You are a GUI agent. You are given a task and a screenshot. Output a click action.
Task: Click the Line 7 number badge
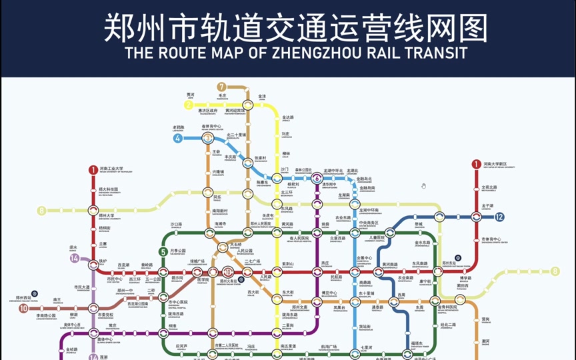(221, 87)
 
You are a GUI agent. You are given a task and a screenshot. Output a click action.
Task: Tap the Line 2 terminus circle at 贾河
(189, 105)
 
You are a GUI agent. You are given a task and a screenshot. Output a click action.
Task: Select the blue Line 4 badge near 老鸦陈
(178, 139)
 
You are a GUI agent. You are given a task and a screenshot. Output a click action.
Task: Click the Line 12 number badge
(499, 217)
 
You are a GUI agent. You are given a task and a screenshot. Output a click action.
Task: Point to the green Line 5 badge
(163, 251)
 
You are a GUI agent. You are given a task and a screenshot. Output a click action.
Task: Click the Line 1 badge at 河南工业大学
(93, 170)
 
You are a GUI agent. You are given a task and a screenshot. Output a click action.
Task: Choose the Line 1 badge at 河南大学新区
(476, 164)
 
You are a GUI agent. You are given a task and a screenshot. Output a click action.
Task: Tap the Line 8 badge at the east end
(555, 271)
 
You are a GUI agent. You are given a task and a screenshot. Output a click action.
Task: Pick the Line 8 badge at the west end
(42, 211)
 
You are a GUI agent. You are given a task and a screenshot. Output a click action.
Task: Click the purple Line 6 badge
(317, 178)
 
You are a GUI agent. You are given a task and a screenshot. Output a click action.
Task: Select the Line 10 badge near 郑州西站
(24, 309)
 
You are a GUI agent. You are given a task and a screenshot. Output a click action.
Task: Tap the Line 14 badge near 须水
(75, 258)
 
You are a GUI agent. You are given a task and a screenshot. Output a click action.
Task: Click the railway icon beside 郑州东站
(458, 258)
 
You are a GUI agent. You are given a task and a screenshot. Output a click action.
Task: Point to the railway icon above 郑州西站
(35, 293)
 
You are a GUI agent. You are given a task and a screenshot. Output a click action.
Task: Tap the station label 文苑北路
(489, 187)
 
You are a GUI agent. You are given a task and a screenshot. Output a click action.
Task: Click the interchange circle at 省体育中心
(208, 138)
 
